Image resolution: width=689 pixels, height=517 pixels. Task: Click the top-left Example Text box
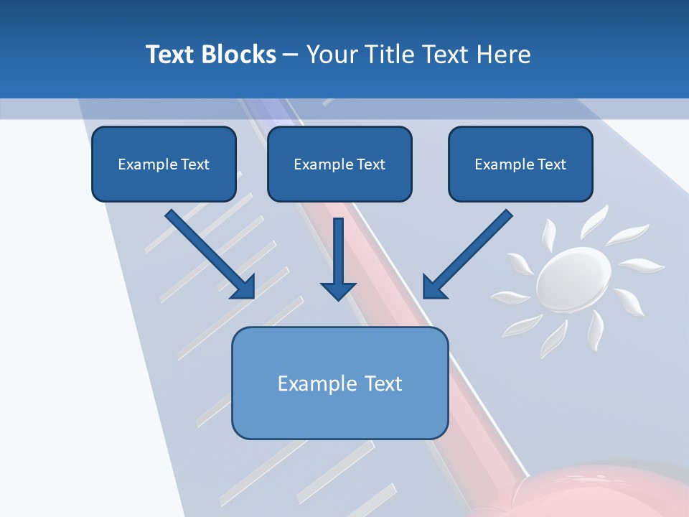164,164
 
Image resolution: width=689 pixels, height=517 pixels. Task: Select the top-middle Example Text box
339,164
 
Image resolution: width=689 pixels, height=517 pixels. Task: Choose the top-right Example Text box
520,164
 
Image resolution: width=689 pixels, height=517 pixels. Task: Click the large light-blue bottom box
339,383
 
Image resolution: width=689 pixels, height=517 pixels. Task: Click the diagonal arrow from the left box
208,251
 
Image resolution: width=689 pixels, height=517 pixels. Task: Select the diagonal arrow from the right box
470,251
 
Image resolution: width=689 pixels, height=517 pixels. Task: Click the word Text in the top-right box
552,164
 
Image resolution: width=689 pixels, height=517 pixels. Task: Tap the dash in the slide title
291,55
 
